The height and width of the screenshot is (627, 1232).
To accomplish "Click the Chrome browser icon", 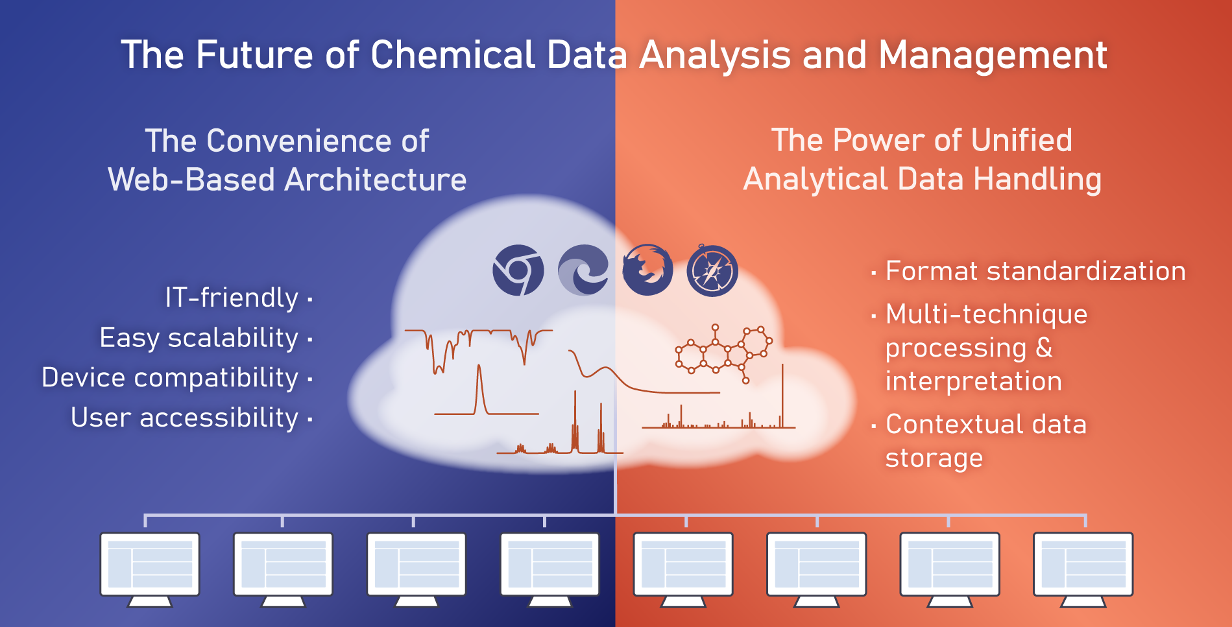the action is click(518, 270).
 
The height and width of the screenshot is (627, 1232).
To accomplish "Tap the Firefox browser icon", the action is click(647, 270).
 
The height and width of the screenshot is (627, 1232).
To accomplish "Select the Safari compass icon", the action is click(712, 270).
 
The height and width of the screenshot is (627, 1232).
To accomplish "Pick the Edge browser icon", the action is click(583, 270).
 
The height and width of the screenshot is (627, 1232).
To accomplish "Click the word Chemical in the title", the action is click(453, 54).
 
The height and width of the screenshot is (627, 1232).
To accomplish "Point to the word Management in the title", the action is click(993, 56).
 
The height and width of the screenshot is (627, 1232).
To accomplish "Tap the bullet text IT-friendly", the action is click(232, 298).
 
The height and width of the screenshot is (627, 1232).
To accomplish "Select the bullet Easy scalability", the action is click(199, 338).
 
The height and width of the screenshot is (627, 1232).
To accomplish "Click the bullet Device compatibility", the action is click(170, 377).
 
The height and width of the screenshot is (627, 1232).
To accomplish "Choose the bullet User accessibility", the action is click(185, 418).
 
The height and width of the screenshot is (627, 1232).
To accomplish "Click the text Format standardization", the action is click(1035, 271).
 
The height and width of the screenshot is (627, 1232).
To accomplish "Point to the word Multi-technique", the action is click(986, 314).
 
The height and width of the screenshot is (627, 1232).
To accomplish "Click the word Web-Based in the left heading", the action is click(191, 180).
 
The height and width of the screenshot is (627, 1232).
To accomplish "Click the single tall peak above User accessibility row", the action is click(480, 390).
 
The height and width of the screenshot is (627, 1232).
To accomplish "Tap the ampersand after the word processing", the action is click(1044, 348).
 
